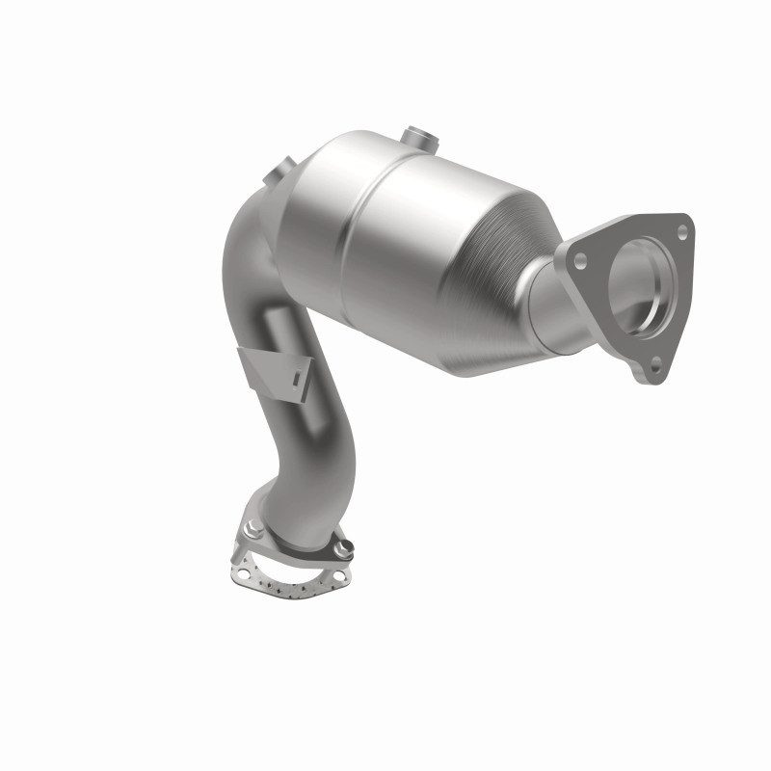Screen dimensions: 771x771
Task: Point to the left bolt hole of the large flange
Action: [x=580, y=258]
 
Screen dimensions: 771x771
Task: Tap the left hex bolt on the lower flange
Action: [x=253, y=527]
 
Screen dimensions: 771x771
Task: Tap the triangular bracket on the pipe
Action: [x=274, y=371]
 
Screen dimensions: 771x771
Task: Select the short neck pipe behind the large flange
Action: [x=559, y=308]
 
